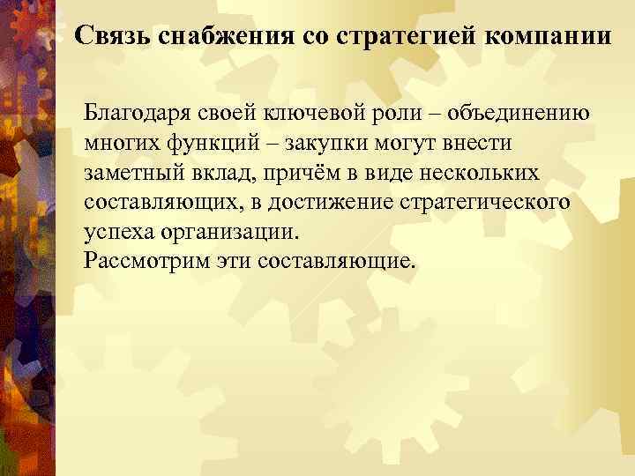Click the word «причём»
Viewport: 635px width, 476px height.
click(295, 173)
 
